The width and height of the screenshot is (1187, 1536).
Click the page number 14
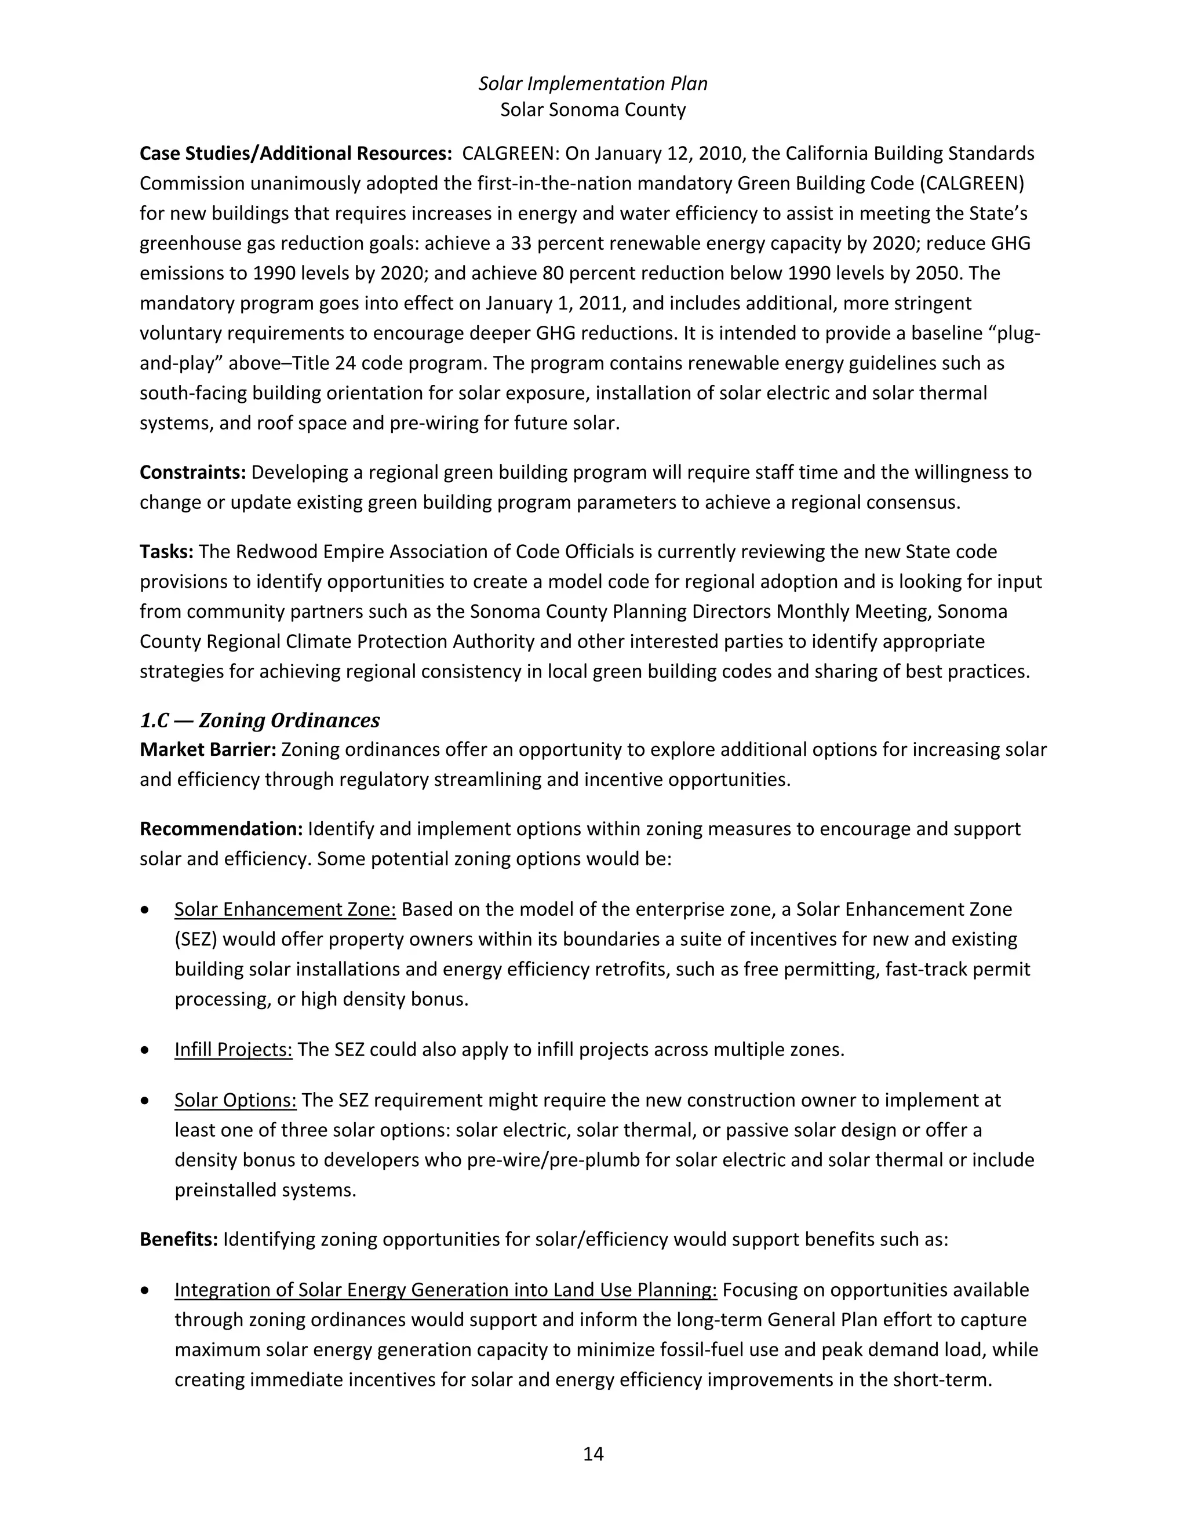pyautogui.click(x=593, y=1454)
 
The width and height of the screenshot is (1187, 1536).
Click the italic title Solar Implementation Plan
pyautogui.click(x=593, y=83)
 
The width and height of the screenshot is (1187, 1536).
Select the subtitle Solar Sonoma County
pyautogui.click(x=593, y=110)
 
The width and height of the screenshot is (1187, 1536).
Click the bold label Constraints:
pyautogui.click(x=192, y=472)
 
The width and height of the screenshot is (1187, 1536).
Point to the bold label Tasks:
pyautogui.click(x=166, y=551)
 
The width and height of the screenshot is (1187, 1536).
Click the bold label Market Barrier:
pyautogui.click(x=208, y=749)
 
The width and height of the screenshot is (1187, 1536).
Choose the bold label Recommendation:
pyautogui.click(x=221, y=829)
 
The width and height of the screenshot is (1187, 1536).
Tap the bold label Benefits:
pyautogui.click(x=179, y=1239)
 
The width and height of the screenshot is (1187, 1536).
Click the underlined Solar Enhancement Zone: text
pyautogui.click(x=285, y=909)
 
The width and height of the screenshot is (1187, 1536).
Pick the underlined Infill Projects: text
pyautogui.click(x=234, y=1050)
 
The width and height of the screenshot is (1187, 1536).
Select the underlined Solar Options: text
pyautogui.click(x=235, y=1100)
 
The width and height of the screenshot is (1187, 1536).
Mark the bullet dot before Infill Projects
pyautogui.click(x=145, y=1050)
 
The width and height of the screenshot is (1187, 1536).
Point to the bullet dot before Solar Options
pyautogui.click(x=145, y=1100)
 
